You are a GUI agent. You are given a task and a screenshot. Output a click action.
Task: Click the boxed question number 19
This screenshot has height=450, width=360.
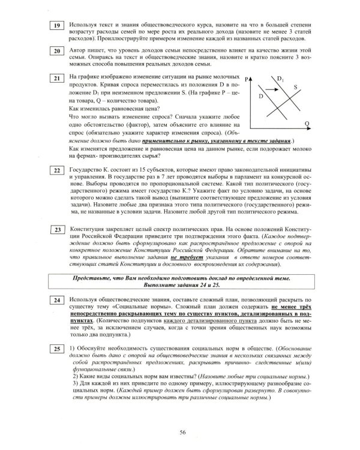(x=55, y=26)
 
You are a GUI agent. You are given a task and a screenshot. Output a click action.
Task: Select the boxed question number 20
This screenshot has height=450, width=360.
(x=55, y=51)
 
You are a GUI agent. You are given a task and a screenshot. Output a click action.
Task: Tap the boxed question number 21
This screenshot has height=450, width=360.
(x=55, y=79)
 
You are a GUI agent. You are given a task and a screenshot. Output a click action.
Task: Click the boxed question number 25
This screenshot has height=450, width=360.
(x=55, y=349)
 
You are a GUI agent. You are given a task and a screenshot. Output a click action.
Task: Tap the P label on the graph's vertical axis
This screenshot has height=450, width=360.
(x=247, y=79)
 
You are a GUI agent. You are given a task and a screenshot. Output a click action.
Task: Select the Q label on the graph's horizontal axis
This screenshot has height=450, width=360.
(x=307, y=122)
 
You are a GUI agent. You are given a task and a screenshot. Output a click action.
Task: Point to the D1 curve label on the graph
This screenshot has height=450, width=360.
(x=281, y=78)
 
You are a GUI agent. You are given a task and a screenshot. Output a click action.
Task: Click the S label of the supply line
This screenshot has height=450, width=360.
(x=296, y=87)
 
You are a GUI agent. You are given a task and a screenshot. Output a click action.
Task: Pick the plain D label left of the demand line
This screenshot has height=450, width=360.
(x=260, y=95)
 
